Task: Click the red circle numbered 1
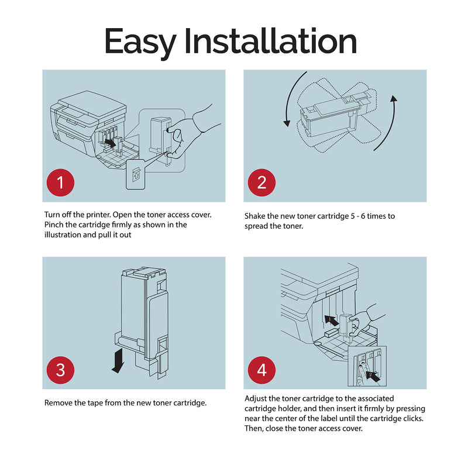[60, 183]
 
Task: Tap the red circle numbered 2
[261, 183]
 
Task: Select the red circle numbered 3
[60, 370]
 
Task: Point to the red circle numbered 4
[261, 370]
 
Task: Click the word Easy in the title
[140, 42]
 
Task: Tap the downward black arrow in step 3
[118, 360]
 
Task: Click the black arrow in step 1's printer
[111, 143]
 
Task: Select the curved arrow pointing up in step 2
[387, 123]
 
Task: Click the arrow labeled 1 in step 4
[331, 320]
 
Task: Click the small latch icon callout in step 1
[136, 174]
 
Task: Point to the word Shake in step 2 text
[254, 216]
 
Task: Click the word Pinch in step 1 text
[54, 225]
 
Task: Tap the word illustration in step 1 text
[63, 235]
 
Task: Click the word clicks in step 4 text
[413, 418]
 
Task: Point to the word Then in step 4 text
[253, 429]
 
